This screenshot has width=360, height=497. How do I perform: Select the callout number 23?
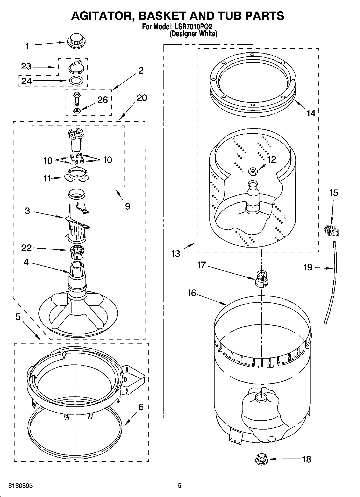click(26, 66)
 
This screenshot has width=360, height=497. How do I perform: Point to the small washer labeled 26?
click(77, 110)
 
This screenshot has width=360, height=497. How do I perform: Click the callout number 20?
click(142, 98)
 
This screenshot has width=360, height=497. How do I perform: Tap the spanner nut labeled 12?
click(252, 171)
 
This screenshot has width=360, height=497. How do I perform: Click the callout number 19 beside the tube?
click(308, 267)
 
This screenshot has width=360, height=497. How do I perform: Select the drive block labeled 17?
click(261, 279)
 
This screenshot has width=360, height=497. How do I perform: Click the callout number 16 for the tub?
click(192, 293)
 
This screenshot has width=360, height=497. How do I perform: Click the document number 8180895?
click(21, 485)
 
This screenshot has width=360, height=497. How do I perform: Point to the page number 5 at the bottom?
click(179, 485)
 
